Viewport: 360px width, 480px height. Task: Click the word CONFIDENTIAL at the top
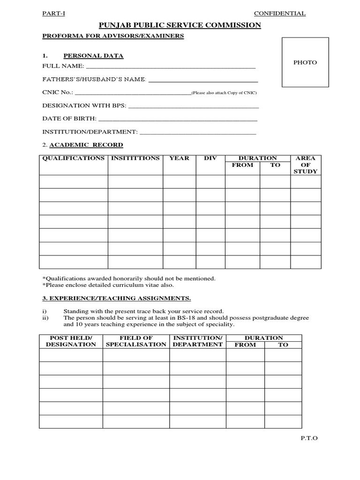click(x=279, y=14)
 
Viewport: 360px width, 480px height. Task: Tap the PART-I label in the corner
click(x=54, y=14)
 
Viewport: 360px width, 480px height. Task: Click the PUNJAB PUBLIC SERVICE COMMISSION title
click(x=180, y=25)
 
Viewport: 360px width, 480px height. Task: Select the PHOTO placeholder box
click(x=305, y=62)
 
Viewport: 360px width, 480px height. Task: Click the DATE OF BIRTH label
click(x=69, y=119)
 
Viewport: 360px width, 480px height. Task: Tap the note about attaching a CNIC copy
click(x=225, y=93)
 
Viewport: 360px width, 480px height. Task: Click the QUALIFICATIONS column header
click(x=74, y=158)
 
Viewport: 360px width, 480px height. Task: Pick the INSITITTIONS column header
click(x=135, y=158)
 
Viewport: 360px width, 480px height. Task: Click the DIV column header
click(x=210, y=158)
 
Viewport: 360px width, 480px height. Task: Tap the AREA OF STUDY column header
click(x=306, y=165)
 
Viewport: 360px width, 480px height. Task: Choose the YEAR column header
click(x=179, y=158)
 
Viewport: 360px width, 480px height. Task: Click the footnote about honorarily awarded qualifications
click(x=129, y=278)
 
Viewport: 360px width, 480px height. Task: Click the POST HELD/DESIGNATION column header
click(x=71, y=341)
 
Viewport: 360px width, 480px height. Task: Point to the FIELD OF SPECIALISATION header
click(x=136, y=341)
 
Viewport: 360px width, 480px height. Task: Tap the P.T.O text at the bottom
click(x=309, y=438)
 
